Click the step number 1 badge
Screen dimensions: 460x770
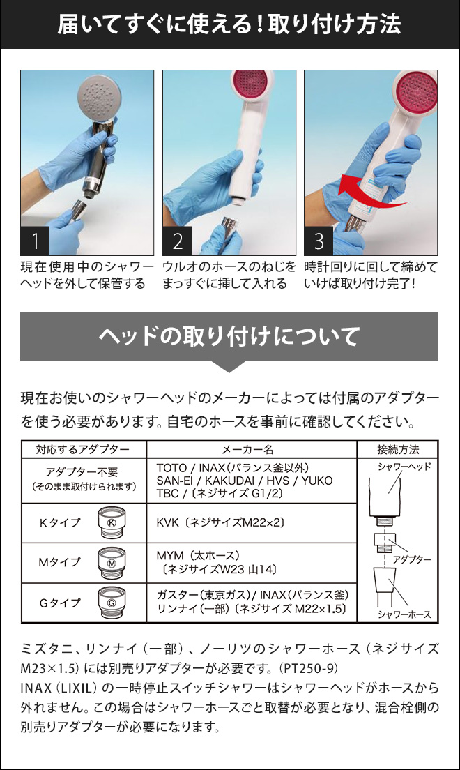pos(35,241)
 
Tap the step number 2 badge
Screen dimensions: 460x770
pos(177,241)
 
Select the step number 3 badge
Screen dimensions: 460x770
pos(319,241)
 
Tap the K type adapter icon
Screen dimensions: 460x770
pos(112,523)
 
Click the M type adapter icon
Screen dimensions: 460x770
pos(112,563)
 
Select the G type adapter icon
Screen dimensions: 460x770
pos(112,603)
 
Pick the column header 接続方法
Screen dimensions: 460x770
pos(398,449)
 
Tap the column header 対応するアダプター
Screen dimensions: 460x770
pos(83,449)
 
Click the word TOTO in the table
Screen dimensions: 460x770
pos(172,468)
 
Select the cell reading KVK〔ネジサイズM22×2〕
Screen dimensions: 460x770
pos(220,523)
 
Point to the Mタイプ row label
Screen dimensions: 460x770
pos(59,562)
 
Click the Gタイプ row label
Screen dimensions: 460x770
pos(59,603)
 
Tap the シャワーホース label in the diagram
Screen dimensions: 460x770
pos(404,614)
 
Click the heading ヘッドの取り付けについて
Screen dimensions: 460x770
pos(229,336)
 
